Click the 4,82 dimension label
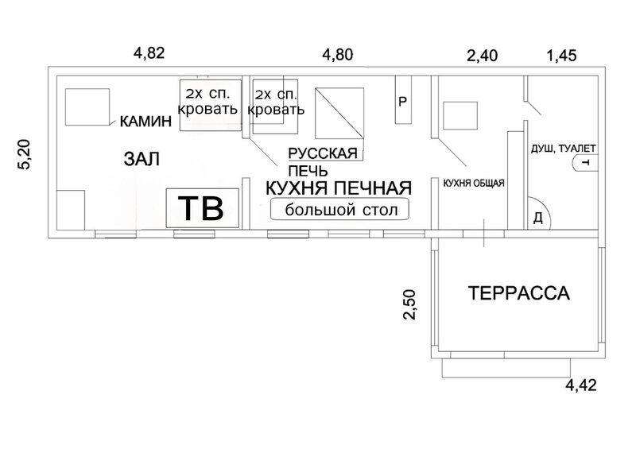[149, 53]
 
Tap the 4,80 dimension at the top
[337, 54]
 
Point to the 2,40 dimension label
[482, 56]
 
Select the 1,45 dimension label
[561, 56]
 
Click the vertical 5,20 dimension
[25, 154]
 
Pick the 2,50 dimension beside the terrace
[410, 304]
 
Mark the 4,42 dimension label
[581, 385]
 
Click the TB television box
[202, 208]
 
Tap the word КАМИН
[145, 122]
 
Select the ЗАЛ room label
[142, 159]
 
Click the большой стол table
[340, 210]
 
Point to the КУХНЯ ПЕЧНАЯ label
[339, 188]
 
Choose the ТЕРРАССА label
[519, 293]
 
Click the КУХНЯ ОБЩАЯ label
[474, 184]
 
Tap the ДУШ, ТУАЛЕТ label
[564, 149]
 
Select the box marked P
[403, 100]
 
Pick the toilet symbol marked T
[584, 163]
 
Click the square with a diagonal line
[339, 113]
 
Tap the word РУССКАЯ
[323, 153]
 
